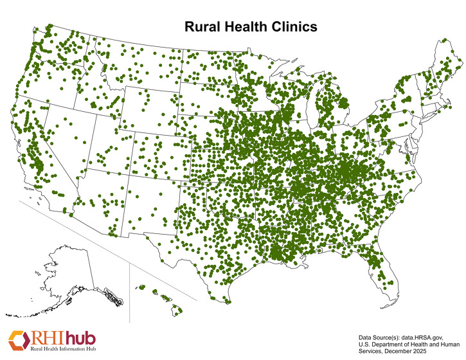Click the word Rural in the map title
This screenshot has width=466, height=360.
pyautogui.click(x=202, y=27)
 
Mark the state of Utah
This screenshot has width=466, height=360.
pyautogui.click(x=109, y=148)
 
